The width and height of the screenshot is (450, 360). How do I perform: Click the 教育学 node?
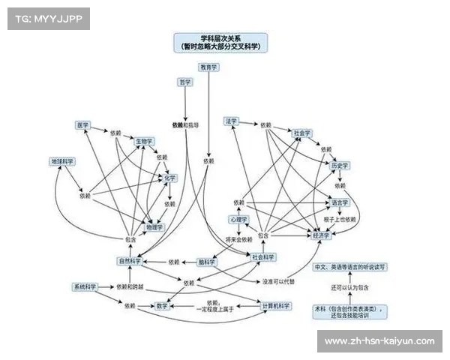(208, 67)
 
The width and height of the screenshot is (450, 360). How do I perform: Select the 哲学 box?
(184, 81)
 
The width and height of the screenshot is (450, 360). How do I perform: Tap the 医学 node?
(83, 124)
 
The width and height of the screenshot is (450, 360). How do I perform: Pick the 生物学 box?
(144, 140)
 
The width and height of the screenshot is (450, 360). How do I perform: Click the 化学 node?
(170, 178)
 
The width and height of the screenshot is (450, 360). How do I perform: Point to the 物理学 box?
(154, 226)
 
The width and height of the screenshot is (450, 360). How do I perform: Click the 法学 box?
(230, 121)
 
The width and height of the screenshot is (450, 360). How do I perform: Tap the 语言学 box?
(340, 202)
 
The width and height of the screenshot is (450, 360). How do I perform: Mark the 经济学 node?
(321, 235)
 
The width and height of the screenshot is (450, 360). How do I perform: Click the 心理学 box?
(238, 219)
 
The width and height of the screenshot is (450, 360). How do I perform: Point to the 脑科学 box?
(207, 262)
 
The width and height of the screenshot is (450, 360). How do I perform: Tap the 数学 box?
(162, 306)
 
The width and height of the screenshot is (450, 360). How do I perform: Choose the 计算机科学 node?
(274, 306)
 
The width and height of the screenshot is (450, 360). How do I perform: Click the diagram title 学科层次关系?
(221, 37)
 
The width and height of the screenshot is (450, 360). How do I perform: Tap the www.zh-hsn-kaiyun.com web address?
(379, 341)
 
